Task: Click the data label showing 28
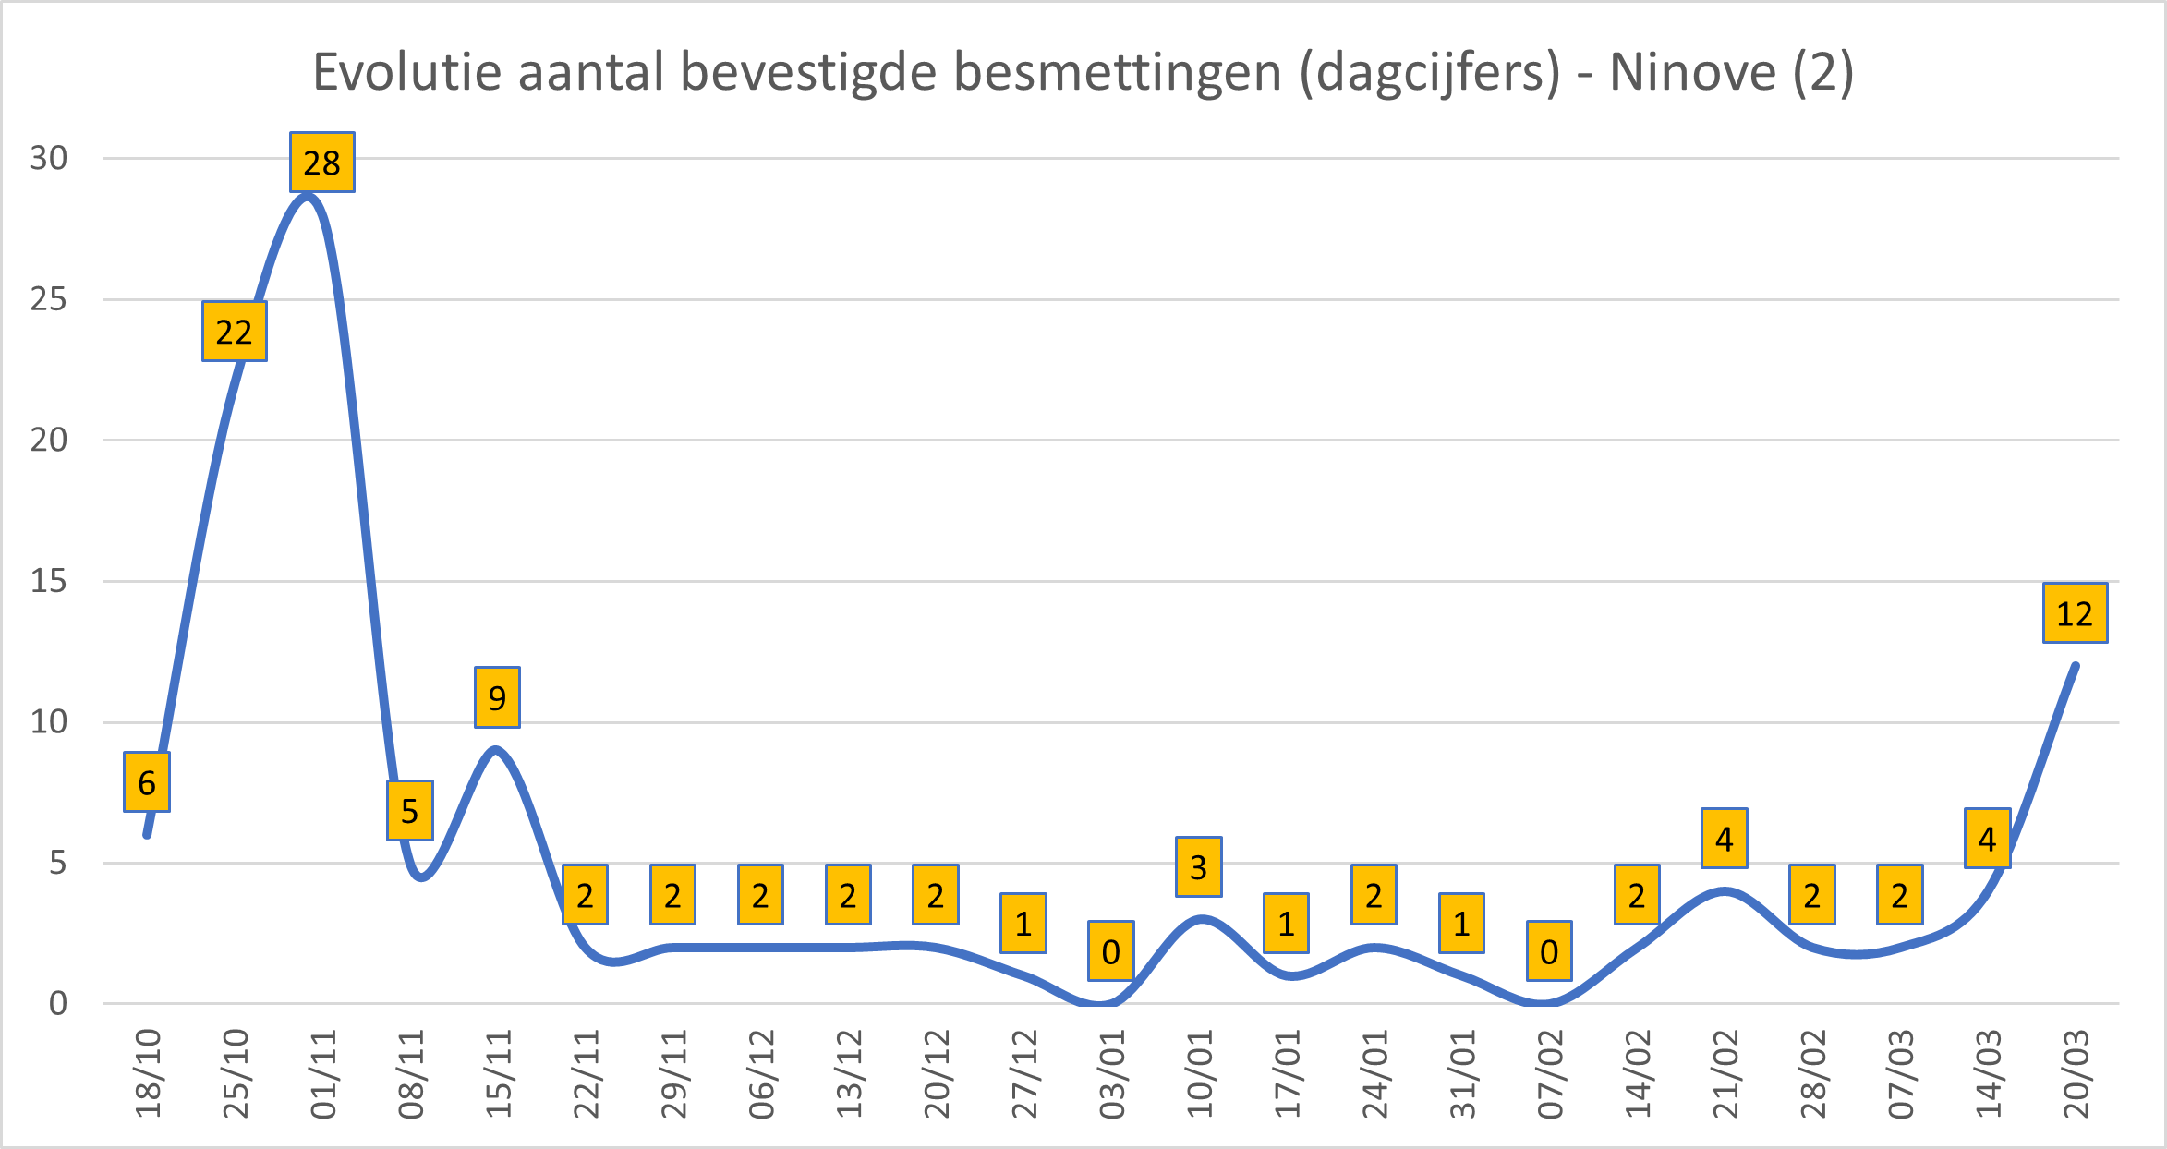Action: coord(321,163)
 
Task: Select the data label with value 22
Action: coord(234,332)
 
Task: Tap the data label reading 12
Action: coord(2075,613)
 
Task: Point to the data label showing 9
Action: coord(497,697)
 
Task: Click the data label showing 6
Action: coord(147,782)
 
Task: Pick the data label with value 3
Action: coord(1198,867)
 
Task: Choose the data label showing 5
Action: coord(409,811)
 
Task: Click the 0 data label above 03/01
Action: coord(1110,951)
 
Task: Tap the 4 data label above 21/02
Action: coord(1724,839)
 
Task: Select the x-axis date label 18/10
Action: coord(148,1074)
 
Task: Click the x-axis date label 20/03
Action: coord(2076,1074)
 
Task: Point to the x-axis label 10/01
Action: coord(1199,1074)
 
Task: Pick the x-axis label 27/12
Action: coord(1023,1074)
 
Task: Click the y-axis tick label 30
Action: coord(49,158)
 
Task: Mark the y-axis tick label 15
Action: coord(49,581)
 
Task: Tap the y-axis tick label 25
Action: coord(49,299)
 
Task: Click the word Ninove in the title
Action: coord(1692,72)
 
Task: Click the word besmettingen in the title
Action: coord(1118,72)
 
